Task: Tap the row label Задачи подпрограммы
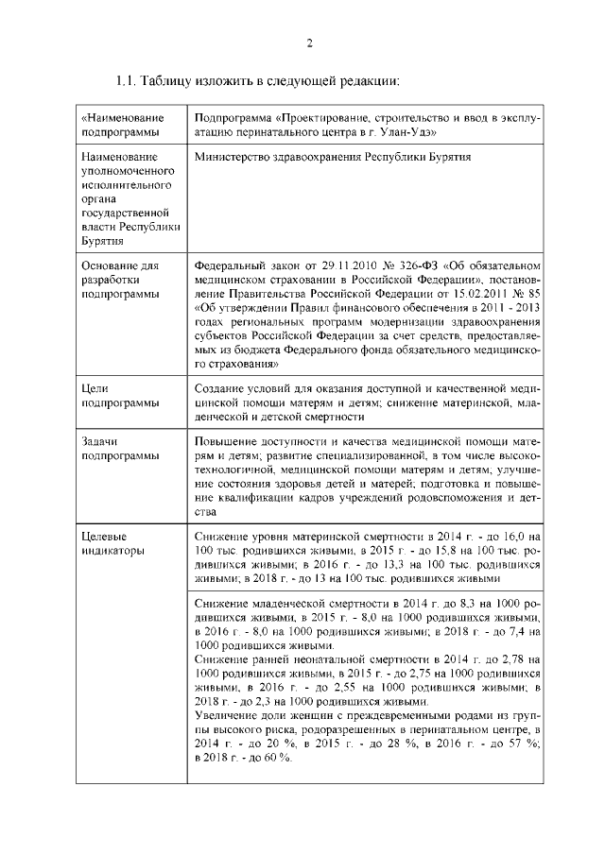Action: [112, 449]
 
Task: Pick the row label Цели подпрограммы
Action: [112, 396]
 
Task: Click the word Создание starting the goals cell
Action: [220, 389]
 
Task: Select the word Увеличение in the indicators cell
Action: [225, 715]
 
